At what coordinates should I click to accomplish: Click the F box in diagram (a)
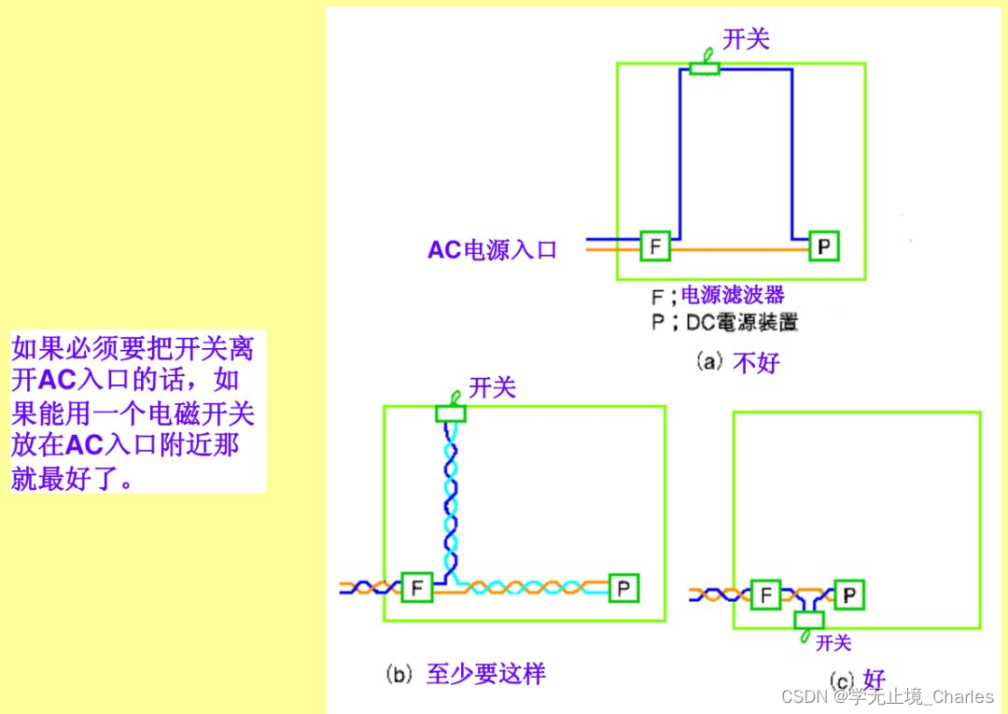655,245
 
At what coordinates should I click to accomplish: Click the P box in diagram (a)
824,246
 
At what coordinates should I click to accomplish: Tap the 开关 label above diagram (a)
747,39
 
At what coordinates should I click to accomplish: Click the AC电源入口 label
492,250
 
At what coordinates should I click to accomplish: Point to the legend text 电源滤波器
733,296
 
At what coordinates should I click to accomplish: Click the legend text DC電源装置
742,323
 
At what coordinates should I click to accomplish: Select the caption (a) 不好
737,362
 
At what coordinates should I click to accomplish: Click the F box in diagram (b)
417,588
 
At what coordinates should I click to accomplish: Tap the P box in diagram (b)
623,588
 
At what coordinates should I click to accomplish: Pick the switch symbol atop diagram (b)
451,412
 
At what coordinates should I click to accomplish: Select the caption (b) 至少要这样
466,674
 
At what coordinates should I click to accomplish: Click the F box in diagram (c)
765,594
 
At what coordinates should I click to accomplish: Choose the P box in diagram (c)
848,594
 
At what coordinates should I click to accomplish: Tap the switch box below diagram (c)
808,619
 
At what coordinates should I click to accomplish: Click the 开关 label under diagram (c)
833,643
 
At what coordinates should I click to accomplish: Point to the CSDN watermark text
888,696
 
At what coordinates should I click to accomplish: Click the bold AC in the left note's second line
57,380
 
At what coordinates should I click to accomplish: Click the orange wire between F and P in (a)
737,250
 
